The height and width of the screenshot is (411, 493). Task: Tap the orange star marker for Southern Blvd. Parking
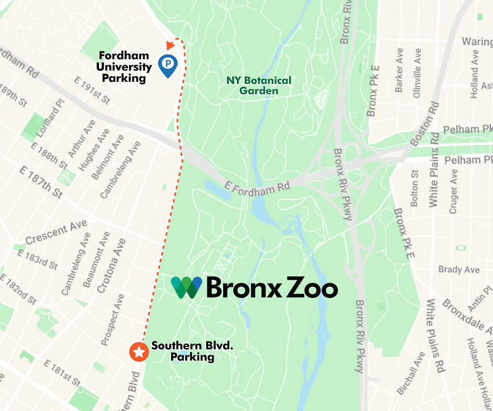coord(139,352)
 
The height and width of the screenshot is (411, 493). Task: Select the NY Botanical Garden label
coord(258,85)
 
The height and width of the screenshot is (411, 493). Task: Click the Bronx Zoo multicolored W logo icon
coord(187,287)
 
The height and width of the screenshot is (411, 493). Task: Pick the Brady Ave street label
coord(459,270)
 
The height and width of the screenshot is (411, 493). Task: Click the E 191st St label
coord(92,90)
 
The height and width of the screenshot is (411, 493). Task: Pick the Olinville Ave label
coord(418,73)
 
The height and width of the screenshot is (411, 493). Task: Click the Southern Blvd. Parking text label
coord(192,351)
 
